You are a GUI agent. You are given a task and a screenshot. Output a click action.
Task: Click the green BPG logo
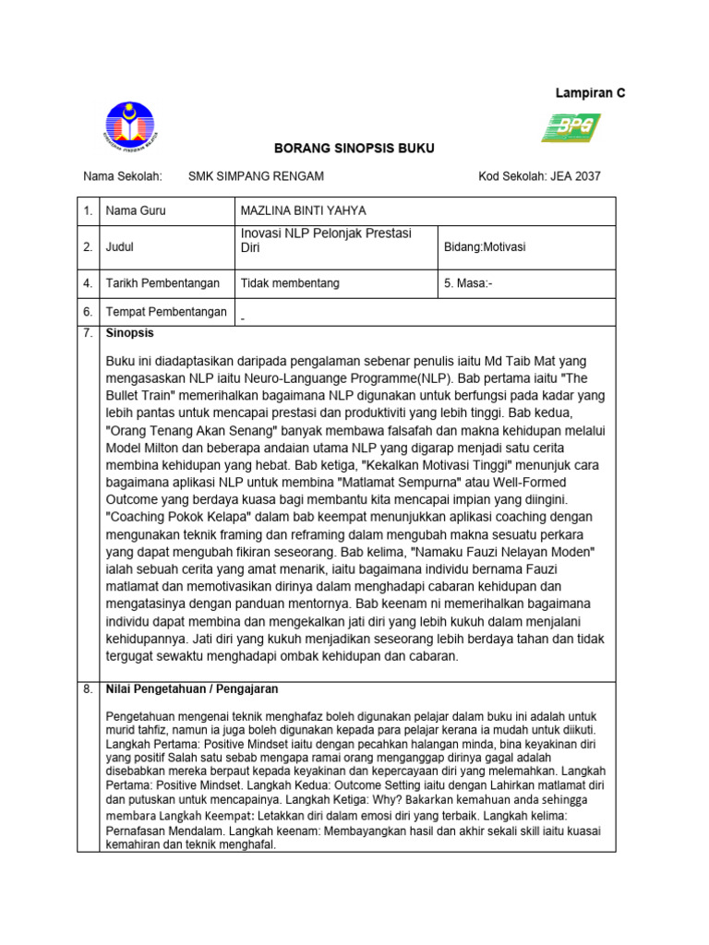[x=570, y=127]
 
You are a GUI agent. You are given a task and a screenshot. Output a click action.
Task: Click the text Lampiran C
[x=590, y=93]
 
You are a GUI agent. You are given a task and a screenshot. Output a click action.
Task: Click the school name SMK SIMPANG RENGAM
[x=256, y=176]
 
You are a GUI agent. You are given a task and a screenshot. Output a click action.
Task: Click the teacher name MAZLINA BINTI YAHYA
[x=299, y=211]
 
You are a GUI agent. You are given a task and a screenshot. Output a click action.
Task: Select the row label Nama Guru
[x=136, y=211]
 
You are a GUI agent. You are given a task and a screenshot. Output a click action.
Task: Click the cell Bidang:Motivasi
[x=485, y=247]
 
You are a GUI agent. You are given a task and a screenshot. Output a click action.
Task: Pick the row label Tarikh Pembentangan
[x=162, y=283]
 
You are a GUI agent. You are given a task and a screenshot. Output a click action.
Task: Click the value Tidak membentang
[x=289, y=283]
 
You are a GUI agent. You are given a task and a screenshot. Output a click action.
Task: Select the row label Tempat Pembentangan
[x=166, y=312]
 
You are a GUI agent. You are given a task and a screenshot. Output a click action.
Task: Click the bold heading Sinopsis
[x=130, y=333]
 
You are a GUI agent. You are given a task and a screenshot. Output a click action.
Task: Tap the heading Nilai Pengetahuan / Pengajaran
[x=192, y=689]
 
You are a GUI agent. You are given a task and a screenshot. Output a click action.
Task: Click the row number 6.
[x=89, y=312]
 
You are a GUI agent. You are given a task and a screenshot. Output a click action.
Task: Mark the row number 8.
[x=89, y=689]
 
